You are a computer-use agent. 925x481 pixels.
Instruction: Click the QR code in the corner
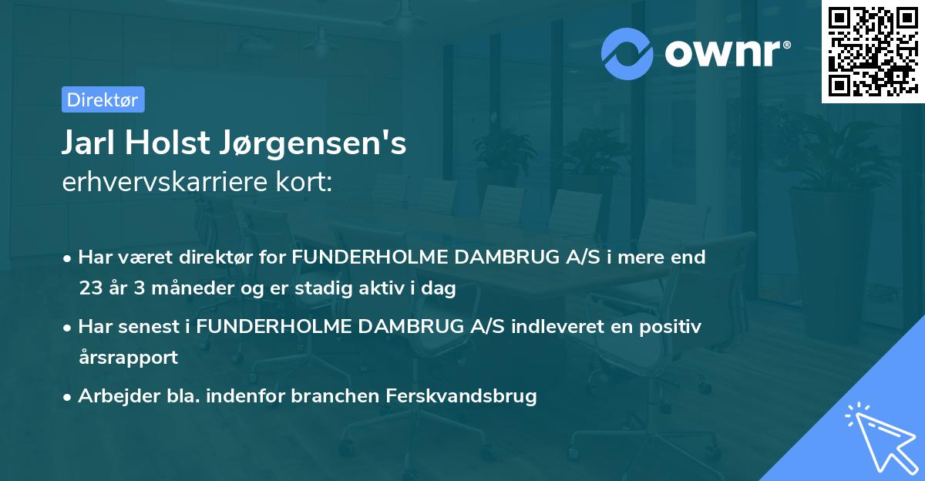click(x=872, y=52)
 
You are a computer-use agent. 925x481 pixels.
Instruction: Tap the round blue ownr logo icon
click(x=627, y=53)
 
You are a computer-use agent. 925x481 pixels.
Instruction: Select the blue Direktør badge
click(x=103, y=99)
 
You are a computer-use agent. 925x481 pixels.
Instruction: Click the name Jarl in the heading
click(x=89, y=144)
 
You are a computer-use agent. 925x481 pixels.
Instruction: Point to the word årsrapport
click(x=128, y=358)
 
